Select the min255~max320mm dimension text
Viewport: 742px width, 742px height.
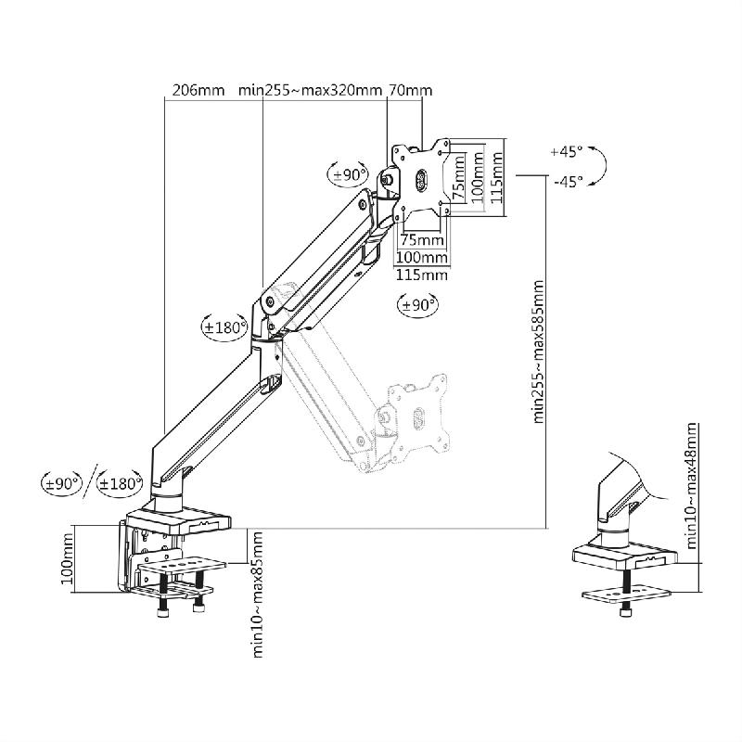click(310, 91)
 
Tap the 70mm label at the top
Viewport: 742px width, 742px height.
click(410, 91)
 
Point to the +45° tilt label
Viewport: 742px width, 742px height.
click(566, 151)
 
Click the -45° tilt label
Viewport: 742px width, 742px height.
click(566, 182)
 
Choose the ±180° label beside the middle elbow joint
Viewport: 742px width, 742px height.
click(224, 326)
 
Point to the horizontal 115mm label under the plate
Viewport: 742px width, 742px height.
click(422, 275)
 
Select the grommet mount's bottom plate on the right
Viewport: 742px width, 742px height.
click(627, 594)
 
